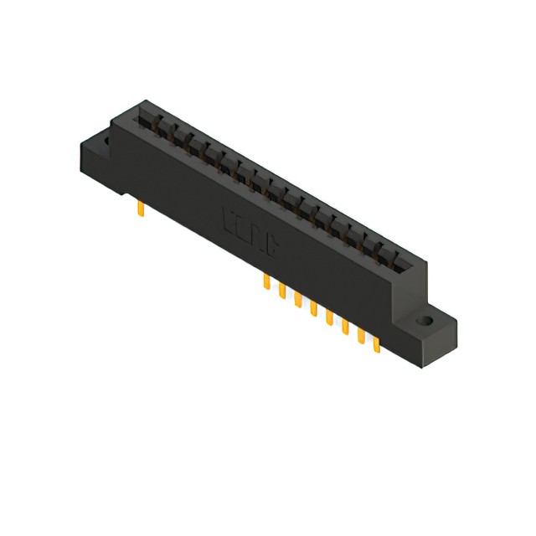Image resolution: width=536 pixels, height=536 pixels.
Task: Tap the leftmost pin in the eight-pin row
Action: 266,282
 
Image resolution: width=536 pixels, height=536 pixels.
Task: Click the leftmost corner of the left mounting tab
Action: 80,151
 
